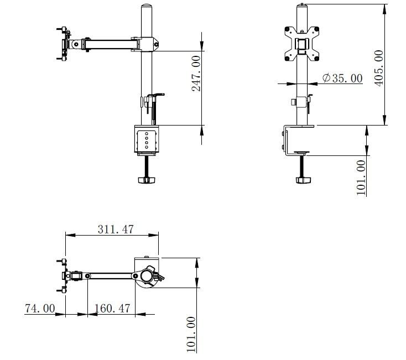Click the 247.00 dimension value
(x=196, y=74)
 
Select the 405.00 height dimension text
(x=379, y=68)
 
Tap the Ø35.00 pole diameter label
(x=342, y=78)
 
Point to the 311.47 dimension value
(x=116, y=229)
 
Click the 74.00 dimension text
(x=40, y=308)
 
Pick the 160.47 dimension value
(x=112, y=308)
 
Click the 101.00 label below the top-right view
(x=361, y=178)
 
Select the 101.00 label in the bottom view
(x=191, y=335)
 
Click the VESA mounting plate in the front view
(x=301, y=44)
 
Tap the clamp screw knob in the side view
(x=146, y=180)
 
